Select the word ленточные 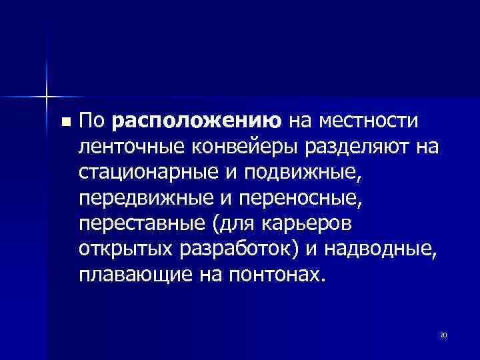coord(129,147)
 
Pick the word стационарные coord(144,173)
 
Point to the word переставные coord(136,223)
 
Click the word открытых coord(125,249)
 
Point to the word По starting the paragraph coord(92,122)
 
